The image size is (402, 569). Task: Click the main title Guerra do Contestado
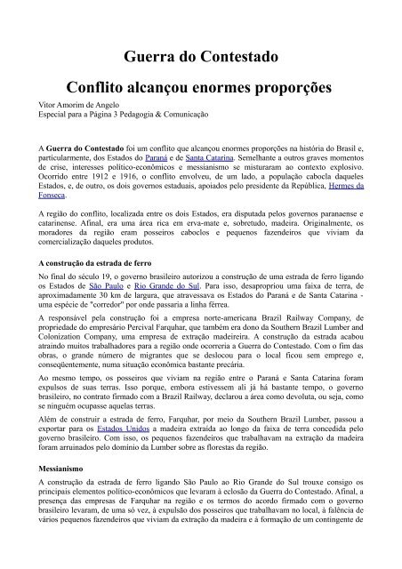(201, 58)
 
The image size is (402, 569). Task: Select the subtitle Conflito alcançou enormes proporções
(201, 92)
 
